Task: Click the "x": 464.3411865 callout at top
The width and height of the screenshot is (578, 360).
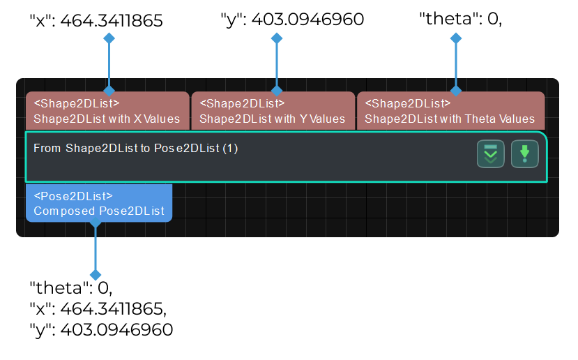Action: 96,21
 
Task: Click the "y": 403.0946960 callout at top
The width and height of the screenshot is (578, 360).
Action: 291,20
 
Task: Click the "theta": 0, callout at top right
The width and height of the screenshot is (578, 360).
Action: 460,20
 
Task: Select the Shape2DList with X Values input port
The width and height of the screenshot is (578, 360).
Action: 107,111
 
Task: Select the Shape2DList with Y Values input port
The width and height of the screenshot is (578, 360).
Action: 273,111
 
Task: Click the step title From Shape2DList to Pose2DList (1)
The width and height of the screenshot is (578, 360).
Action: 136,148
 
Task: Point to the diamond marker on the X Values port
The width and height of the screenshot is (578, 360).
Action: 109,91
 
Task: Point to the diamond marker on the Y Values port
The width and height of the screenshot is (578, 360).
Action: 277,91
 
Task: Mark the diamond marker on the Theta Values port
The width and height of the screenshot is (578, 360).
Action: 456,91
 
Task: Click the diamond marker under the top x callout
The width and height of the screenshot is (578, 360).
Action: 109,39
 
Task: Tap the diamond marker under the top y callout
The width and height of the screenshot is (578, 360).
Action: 277,39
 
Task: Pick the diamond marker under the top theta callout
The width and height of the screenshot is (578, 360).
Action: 456,39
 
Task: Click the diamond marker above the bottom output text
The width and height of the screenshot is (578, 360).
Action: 96,275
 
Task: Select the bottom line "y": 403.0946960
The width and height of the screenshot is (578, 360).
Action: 100,329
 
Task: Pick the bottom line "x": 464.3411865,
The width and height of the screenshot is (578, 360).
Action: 98,308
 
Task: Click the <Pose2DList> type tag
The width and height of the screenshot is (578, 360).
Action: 73,196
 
